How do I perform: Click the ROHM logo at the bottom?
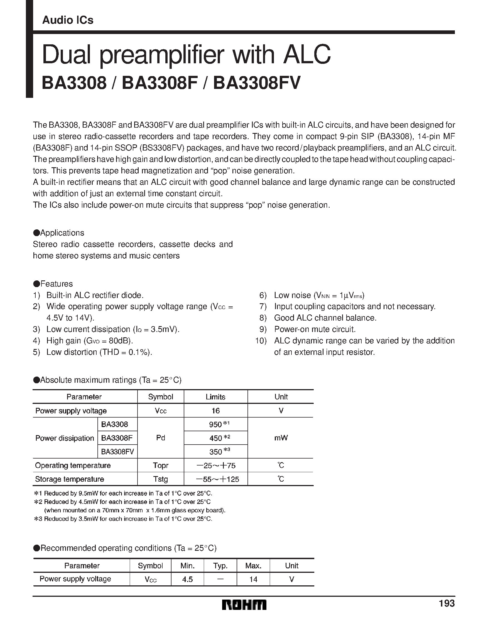click(x=244, y=605)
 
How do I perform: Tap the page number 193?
click(x=447, y=603)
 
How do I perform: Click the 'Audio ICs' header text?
click(x=68, y=20)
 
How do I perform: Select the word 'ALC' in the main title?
click(x=307, y=54)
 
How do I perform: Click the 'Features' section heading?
click(x=56, y=284)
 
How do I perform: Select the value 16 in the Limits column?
click(x=215, y=411)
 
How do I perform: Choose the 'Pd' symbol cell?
click(x=161, y=438)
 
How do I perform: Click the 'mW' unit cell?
click(x=281, y=438)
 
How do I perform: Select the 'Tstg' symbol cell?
click(x=161, y=479)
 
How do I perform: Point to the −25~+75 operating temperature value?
click(x=216, y=465)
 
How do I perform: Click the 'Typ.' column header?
click(x=220, y=566)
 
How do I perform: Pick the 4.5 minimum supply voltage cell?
click(x=188, y=579)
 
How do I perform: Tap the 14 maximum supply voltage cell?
click(x=253, y=579)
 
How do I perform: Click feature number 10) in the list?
click(x=261, y=341)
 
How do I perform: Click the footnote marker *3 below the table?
click(x=38, y=519)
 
